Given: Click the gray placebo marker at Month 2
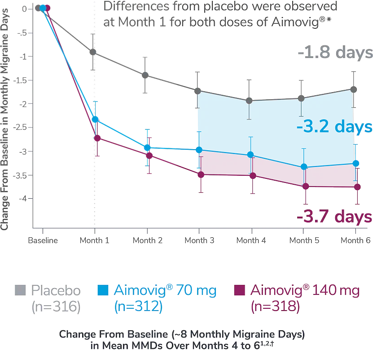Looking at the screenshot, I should click(x=145, y=75).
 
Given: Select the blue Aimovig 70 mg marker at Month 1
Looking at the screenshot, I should click(x=95, y=119).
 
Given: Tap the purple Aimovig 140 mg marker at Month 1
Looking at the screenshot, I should click(x=95, y=138).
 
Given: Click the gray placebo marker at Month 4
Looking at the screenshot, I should click(x=250, y=100).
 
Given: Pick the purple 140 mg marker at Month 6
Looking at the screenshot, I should click(x=357, y=187).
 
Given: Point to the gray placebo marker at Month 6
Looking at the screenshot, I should click(x=354, y=89).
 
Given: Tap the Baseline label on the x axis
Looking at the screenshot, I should click(x=43, y=240).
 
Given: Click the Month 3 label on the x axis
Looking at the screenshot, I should click(x=199, y=240).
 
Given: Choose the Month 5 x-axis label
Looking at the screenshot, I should click(x=304, y=240).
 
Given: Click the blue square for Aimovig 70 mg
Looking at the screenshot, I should click(x=103, y=291).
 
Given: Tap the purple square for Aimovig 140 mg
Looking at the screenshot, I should click(x=240, y=291).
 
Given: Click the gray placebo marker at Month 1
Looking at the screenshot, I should click(x=93, y=53).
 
